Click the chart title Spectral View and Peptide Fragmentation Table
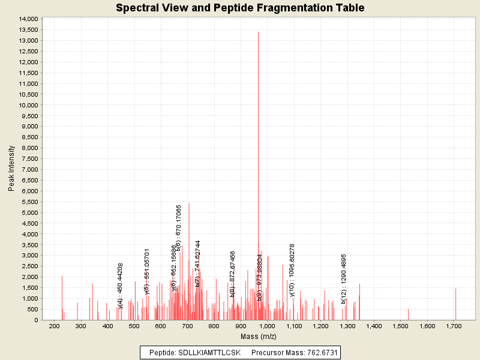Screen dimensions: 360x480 click(240, 8)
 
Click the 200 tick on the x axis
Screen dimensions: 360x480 click(55, 326)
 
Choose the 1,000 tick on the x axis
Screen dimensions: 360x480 click(268, 326)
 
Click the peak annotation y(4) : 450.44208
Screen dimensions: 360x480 click(121, 285)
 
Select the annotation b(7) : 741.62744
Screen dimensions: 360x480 click(197, 263)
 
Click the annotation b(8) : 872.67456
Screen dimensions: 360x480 click(232, 274)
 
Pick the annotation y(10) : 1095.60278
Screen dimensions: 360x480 click(292, 266)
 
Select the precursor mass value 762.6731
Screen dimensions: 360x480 click(316, 352)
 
